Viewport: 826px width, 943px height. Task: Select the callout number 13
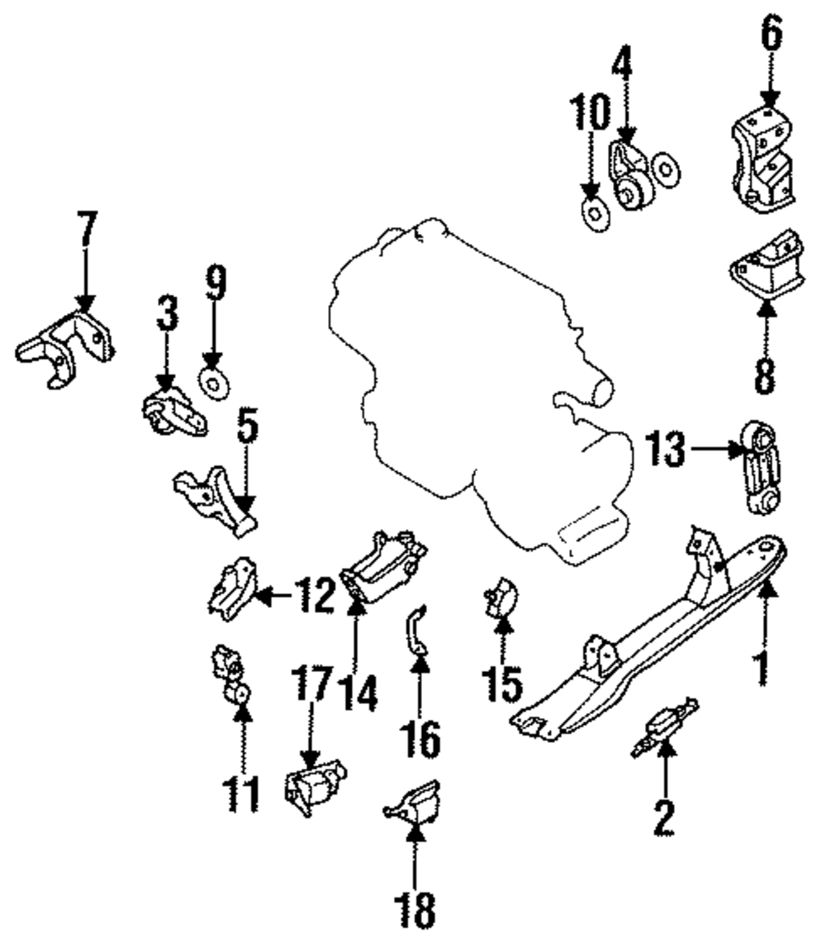point(665,450)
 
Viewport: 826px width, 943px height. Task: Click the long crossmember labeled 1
point(653,636)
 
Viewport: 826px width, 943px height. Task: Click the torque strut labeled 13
point(761,468)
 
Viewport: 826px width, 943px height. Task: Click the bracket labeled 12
point(231,589)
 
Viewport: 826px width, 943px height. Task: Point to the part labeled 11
point(231,674)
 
